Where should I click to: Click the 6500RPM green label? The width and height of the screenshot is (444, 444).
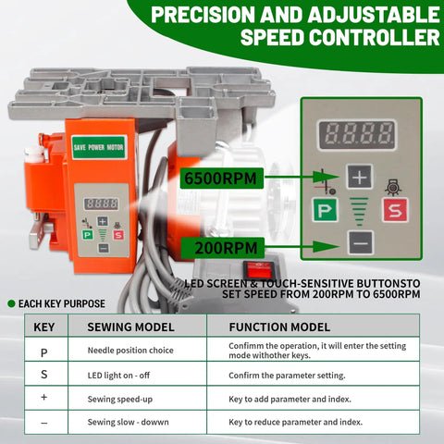point(222,176)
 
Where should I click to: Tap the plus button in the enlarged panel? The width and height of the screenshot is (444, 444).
point(360,176)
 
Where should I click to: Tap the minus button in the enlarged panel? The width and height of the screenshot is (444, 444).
point(360,243)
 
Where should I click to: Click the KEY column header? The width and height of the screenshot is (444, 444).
point(44,327)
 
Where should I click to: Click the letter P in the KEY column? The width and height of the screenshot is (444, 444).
point(44,351)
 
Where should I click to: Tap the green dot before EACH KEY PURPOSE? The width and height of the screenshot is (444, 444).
point(11,303)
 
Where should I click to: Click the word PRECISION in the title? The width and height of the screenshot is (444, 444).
point(208,16)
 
